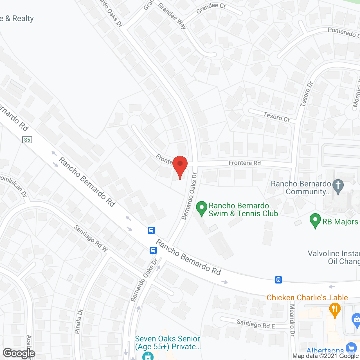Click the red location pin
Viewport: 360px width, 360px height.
point(180,166)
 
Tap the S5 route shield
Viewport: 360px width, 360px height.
point(27,140)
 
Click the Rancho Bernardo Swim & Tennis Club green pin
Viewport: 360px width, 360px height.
point(201,208)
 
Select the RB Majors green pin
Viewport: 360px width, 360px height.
point(315,220)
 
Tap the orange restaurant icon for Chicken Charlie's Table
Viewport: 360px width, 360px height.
point(335,310)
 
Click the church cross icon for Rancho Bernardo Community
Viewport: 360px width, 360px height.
point(338,186)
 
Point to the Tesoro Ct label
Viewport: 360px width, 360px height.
point(276,117)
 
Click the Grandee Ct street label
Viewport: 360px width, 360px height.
point(211,8)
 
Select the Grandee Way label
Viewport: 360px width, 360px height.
point(172,16)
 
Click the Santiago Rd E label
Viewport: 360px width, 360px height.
point(256,324)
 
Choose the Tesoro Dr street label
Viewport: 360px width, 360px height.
point(307,94)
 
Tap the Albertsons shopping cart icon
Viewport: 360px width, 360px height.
point(351,348)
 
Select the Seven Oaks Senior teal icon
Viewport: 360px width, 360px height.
point(148,356)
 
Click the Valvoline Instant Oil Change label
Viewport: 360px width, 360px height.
point(334,257)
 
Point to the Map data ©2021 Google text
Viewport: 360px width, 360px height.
point(326,356)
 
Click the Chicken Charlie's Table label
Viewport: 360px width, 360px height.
point(307,298)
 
